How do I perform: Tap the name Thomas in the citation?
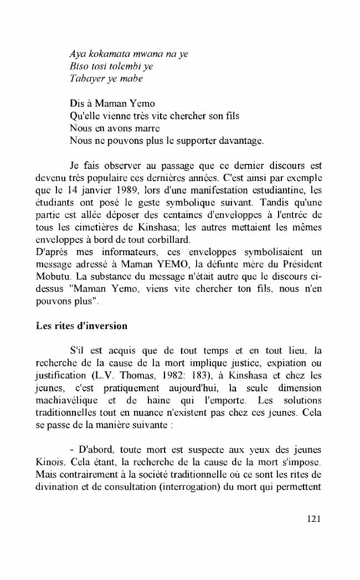[128, 374]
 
